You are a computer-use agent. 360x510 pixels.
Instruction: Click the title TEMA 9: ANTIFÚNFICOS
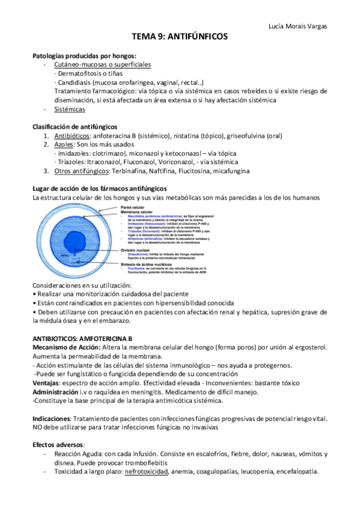[180, 37]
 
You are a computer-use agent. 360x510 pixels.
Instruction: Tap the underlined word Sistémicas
[69, 109]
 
